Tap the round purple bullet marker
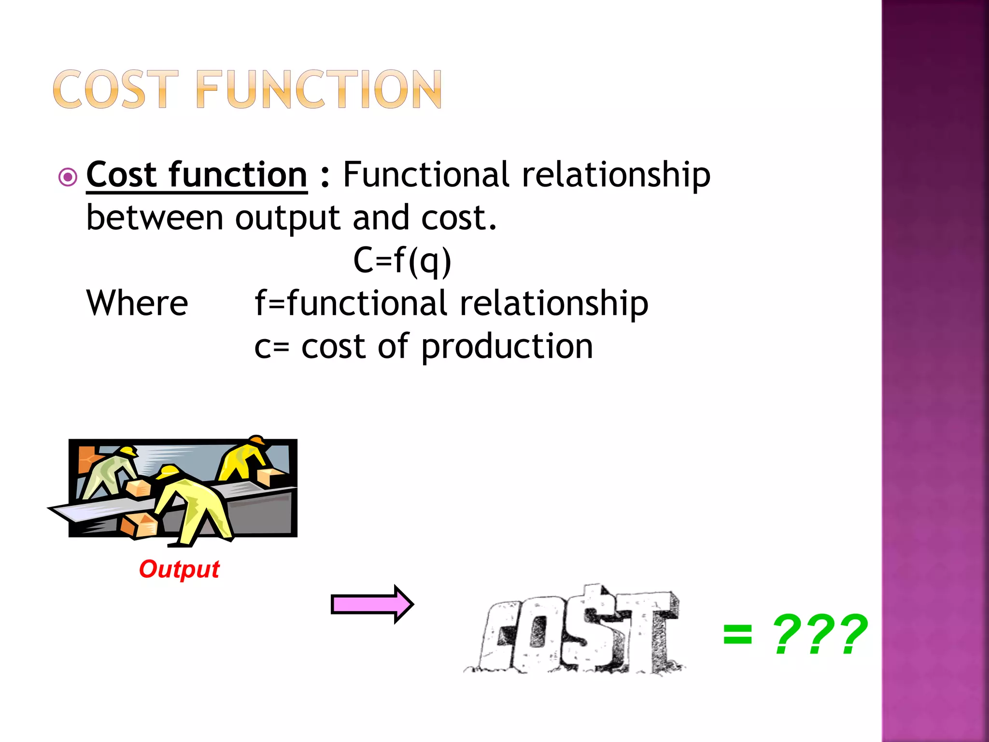[x=68, y=177]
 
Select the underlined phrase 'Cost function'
[x=197, y=175]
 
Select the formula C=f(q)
[x=402, y=260]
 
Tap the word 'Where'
[x=137, y=303]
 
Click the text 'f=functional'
[x=351, y=303]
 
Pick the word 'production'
[x=507, y=347]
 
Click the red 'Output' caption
[x=179, y=569]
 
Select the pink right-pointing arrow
[x=371, y=604]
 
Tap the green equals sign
[x=737, y=634]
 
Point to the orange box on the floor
[x=139, y=525]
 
